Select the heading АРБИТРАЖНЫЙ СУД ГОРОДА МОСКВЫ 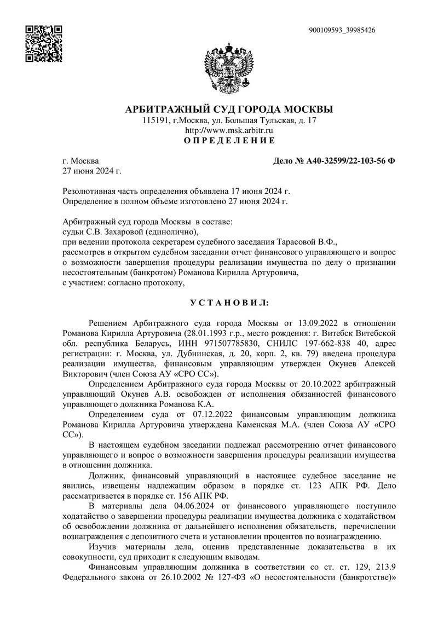[229, 109]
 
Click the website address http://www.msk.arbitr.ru [229, 131]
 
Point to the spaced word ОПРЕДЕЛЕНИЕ [229, 141]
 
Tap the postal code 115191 [155, 120]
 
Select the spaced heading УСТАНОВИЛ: [229, 302]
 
